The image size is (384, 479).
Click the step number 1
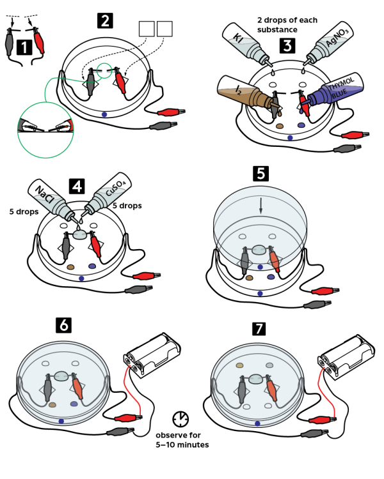pyautogui.click(x=24, y=48)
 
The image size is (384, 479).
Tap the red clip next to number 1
pyautogui.click(x=39, y=40)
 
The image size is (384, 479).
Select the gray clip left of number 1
pyautogui.click(x=9, y=42)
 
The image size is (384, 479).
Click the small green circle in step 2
pyautogui.click(x=104, y=71)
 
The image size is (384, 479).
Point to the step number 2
pyautogui.click(x=105, y=21)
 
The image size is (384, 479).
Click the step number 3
pyautogui.click(x=287, y=46)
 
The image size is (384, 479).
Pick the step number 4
pyautogui.click(x=77, y=186)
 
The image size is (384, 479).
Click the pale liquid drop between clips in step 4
pyautogui.click(x=80, y=235)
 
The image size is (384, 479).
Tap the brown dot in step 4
pyautogui.click(x=70, y=267)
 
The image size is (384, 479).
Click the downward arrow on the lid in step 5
pyautogui.click(x=260, y=206)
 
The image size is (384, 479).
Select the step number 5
pyautogui.click(x=260, y=174)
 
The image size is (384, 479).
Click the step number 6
pyautogui.click(x=64, y=325)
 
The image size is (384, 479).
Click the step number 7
pyautogui.click(x=259, y=329)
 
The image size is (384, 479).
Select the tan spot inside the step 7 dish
pyautogui.click(x=239, y=365)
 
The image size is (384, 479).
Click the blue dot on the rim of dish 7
pyautogui.click(x=257, y=423)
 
